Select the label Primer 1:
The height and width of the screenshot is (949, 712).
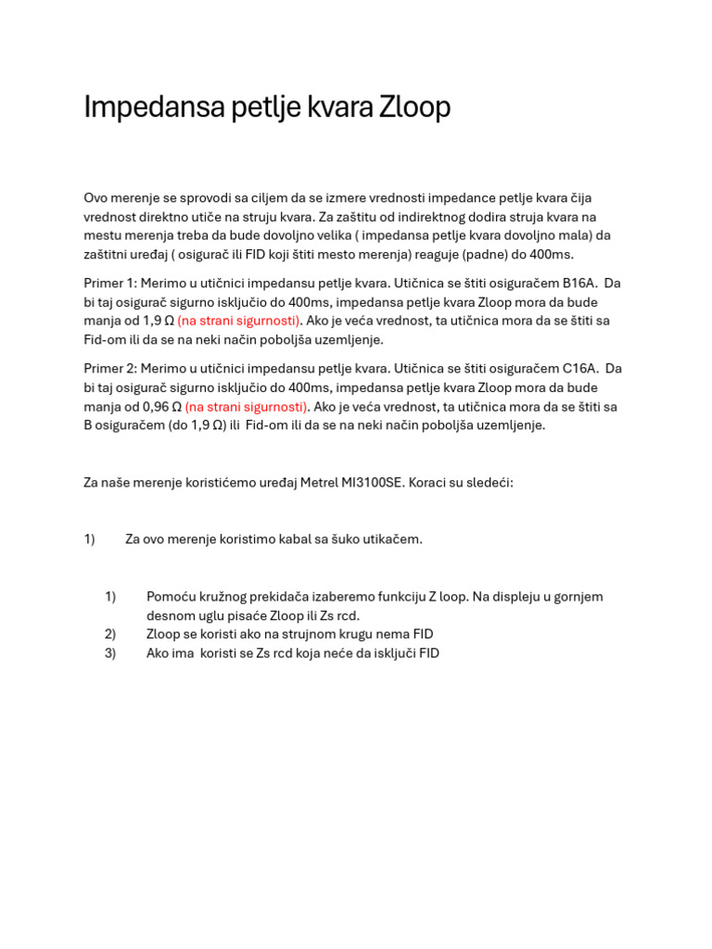click(110, 283)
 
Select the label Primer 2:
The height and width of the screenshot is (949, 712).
click(110, 368)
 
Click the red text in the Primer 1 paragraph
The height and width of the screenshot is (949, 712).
click(239, 321)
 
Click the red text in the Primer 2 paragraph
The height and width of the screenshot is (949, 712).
click(247, 406)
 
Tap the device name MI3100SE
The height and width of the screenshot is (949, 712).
click(369, 482)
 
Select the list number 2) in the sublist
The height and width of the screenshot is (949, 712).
click(110, 634)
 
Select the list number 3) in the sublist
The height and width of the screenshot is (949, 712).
click(110, 652)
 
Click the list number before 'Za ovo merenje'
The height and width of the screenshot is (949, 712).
click(89, 538)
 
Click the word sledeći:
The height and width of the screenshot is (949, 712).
click(487, 482)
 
